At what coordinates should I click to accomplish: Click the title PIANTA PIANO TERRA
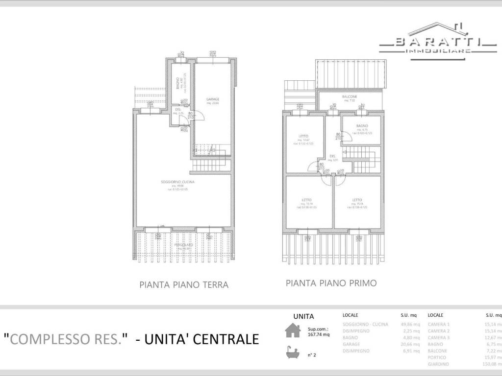184,284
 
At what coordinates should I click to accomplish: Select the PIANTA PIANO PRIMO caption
331,283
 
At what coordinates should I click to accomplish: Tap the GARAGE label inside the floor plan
212,100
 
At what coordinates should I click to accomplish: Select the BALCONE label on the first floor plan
350,97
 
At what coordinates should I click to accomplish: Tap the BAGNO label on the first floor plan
362,126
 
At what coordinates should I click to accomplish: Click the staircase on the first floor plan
363,162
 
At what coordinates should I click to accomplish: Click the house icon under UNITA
293,330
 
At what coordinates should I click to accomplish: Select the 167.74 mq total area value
319,335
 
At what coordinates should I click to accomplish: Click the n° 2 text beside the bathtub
312,355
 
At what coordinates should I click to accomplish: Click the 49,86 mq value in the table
410,324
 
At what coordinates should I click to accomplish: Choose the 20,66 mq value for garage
410,344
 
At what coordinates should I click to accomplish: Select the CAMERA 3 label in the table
439,338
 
